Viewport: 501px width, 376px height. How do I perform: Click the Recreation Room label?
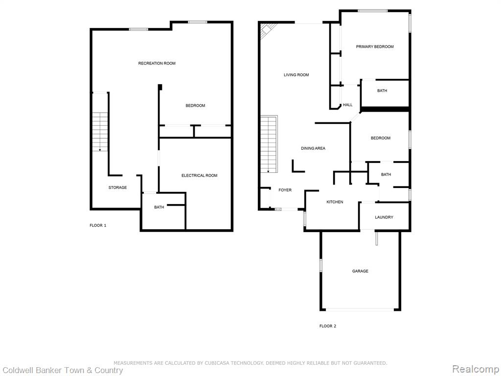point(157,63)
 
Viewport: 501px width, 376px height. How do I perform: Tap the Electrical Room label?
point(200,176)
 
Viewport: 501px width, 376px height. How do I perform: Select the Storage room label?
point(117,188)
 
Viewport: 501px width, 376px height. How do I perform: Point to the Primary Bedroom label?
point(375,47)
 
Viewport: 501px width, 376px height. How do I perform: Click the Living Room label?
point(296,75)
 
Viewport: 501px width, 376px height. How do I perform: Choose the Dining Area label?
point(313,148)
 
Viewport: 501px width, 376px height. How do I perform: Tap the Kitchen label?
point(335,202)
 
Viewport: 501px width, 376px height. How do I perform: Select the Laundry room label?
point(384,217)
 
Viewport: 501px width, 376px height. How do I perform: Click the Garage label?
point(360,271)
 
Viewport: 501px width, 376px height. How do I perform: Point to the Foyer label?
point(285,190)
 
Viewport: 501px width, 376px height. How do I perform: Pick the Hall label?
point(348,105)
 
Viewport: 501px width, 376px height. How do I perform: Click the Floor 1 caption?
point(98,225)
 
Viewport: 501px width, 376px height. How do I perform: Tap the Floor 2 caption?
point(328,326)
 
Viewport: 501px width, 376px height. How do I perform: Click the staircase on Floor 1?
point(100,132)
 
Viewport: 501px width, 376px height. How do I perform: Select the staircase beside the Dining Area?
point(269,144)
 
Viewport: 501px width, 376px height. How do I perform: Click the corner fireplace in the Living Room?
point(266,30)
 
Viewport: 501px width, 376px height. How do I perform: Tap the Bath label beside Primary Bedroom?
point(382,91)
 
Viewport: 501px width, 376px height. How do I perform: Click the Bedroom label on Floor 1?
point(195,106)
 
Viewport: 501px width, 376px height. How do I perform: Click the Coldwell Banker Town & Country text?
point(63,370)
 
